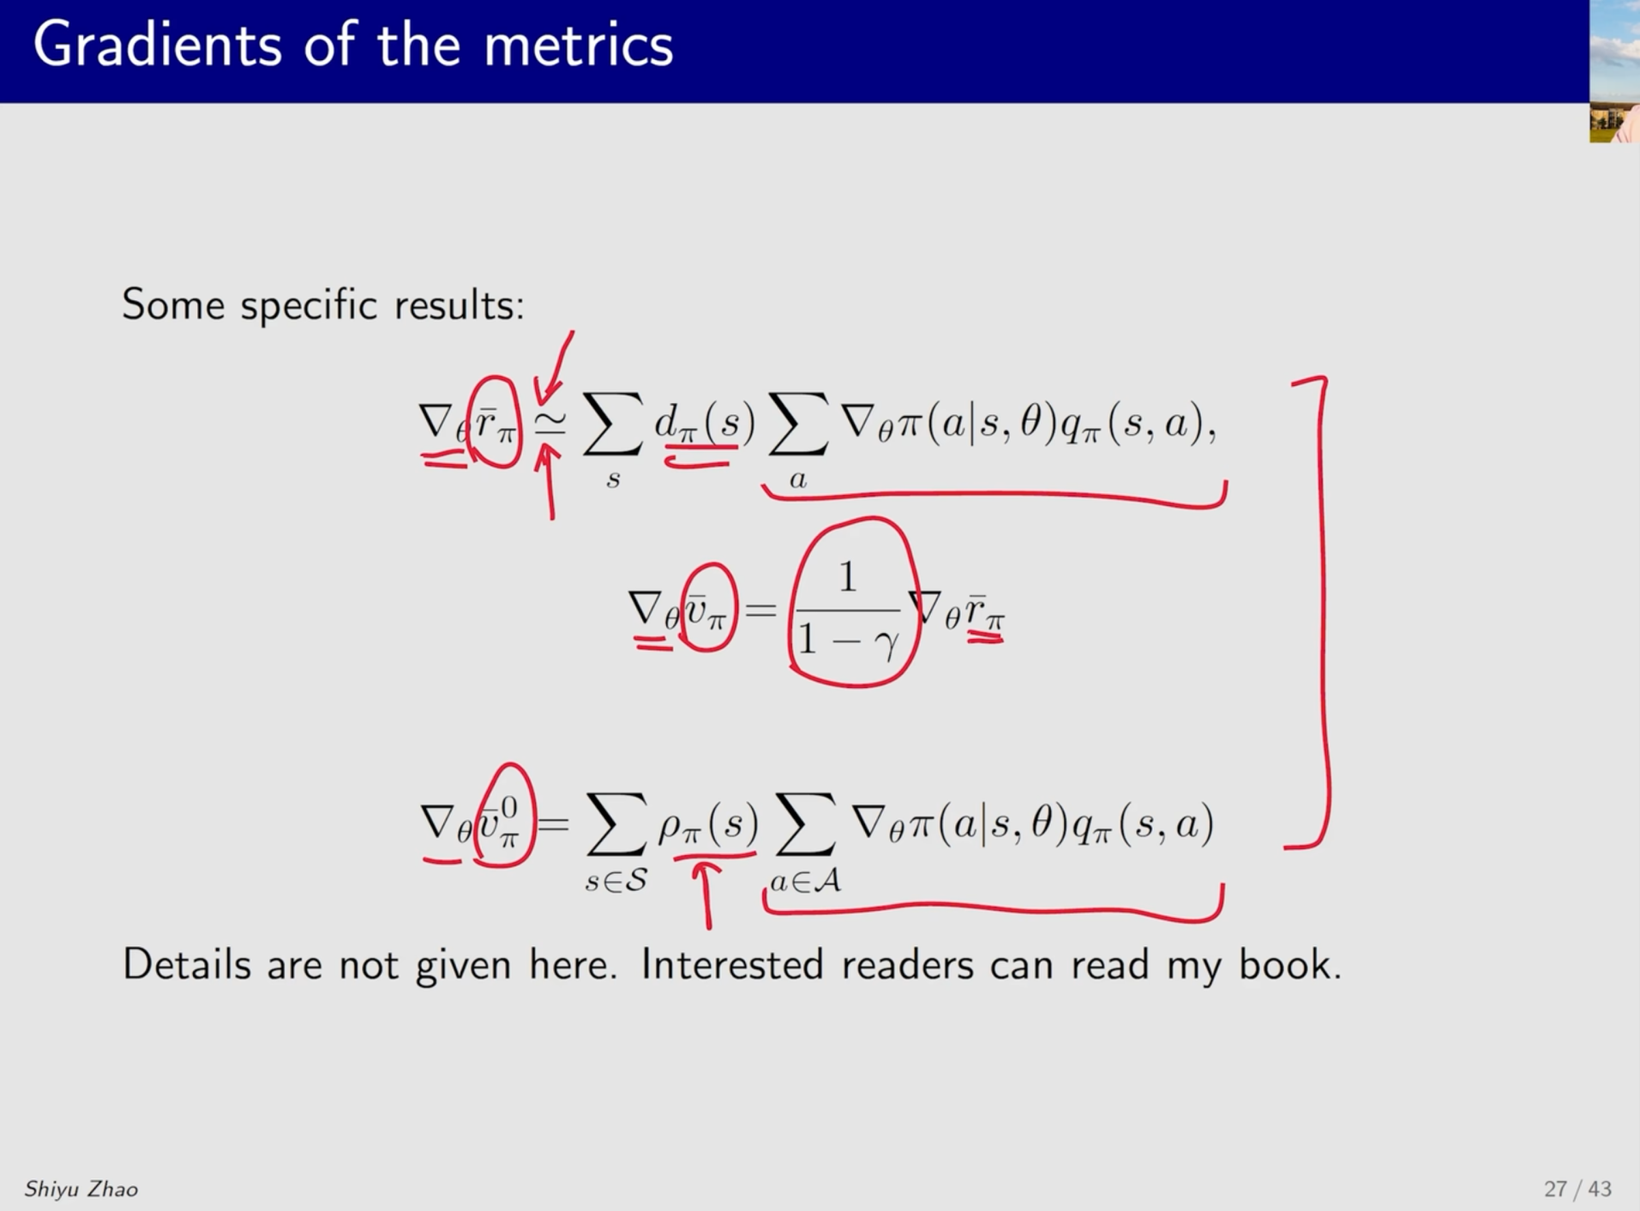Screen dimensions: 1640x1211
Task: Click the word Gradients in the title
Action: click(158, 45)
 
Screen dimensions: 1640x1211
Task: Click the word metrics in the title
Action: click(579, 45)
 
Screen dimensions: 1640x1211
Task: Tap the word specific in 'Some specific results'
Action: click(309, 305)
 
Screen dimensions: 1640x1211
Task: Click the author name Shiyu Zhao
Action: click(81, 1189)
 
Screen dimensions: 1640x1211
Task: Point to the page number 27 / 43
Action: click(1577, 1189)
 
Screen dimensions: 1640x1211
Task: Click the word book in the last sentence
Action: click(1289, 964)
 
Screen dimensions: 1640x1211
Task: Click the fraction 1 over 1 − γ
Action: click(848, 610)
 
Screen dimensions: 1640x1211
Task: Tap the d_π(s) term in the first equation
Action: click(705, 423)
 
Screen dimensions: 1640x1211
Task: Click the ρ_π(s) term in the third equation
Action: click(708, 824)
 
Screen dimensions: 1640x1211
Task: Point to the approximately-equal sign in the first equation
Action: click(550, 421)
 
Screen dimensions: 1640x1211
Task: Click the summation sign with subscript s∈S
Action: click(616, 825)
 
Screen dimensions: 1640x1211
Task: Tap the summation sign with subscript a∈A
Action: click(804, 825)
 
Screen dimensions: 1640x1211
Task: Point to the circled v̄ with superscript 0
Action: click(505, 815)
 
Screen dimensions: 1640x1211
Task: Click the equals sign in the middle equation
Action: click(761, 611)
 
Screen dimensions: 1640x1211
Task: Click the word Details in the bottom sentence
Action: click(187, 964)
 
